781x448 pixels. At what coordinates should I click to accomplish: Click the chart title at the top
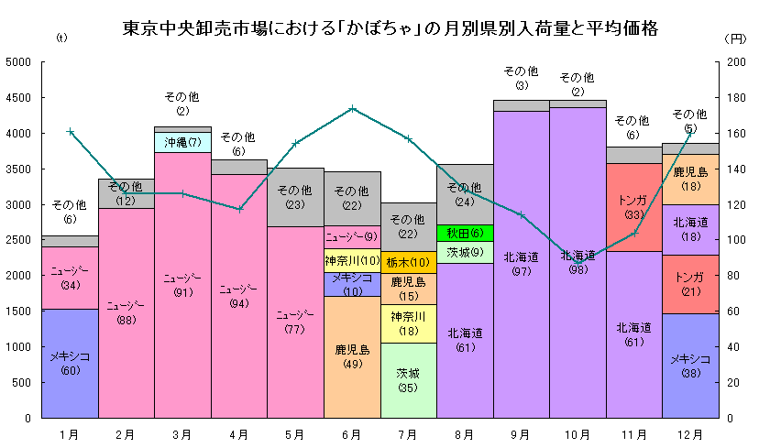[390, 28]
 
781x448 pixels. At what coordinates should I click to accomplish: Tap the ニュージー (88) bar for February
[126, 312]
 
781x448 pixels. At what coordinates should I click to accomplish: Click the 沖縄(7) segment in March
[183, 142]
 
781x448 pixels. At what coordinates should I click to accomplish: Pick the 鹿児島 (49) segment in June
[352, 356]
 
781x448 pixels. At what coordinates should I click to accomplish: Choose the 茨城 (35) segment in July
[409, 380]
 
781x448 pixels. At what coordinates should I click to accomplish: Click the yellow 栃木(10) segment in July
[409, 262]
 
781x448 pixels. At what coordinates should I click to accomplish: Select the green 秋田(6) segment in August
[465, 233]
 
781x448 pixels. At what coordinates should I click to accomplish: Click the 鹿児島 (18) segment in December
[690, 179]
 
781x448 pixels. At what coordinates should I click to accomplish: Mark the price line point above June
[353, 108]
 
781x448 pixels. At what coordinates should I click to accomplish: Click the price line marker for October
[578, 261]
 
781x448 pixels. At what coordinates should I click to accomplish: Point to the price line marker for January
[71, 131]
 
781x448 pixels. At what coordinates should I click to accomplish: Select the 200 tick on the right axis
[736, 62]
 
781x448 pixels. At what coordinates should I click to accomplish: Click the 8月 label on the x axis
[465, 433]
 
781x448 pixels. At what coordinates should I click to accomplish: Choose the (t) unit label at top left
[62, 38]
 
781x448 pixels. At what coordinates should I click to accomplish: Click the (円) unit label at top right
[735, 38]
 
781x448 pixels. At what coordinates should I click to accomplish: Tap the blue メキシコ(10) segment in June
[352, 284]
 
